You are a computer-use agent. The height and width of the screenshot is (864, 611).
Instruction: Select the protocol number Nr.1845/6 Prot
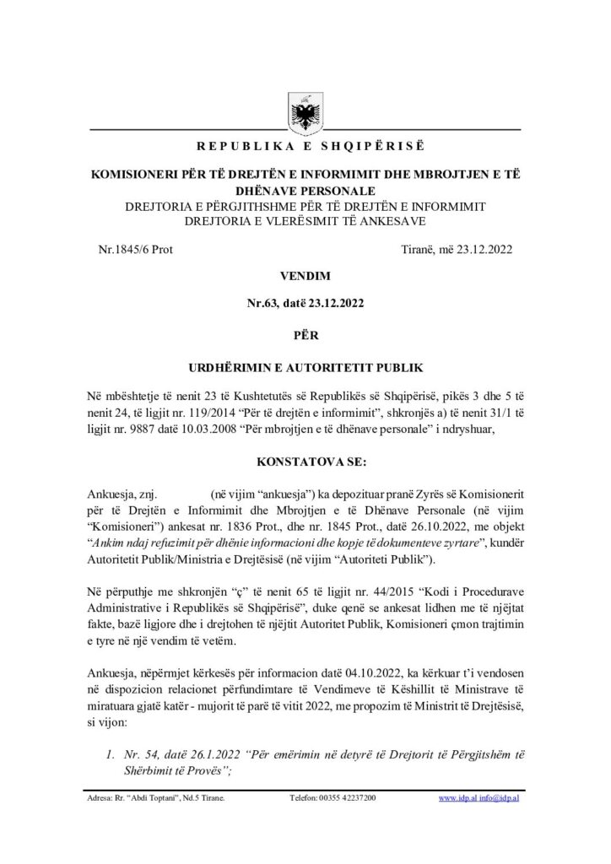[135, 249]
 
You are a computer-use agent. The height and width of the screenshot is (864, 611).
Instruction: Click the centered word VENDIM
[305, 276]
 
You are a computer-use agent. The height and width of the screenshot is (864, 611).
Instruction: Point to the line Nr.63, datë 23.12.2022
[305, 302]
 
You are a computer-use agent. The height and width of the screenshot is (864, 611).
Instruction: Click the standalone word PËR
[305, 334]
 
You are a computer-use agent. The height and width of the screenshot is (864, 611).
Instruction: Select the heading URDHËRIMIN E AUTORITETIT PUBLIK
[305, 367]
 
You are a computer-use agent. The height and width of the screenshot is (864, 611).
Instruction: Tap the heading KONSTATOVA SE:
[305, 462]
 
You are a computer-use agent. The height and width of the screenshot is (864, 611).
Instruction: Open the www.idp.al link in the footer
[457, 797]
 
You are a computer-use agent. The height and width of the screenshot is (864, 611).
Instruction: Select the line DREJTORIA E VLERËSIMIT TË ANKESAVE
[305, 221]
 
